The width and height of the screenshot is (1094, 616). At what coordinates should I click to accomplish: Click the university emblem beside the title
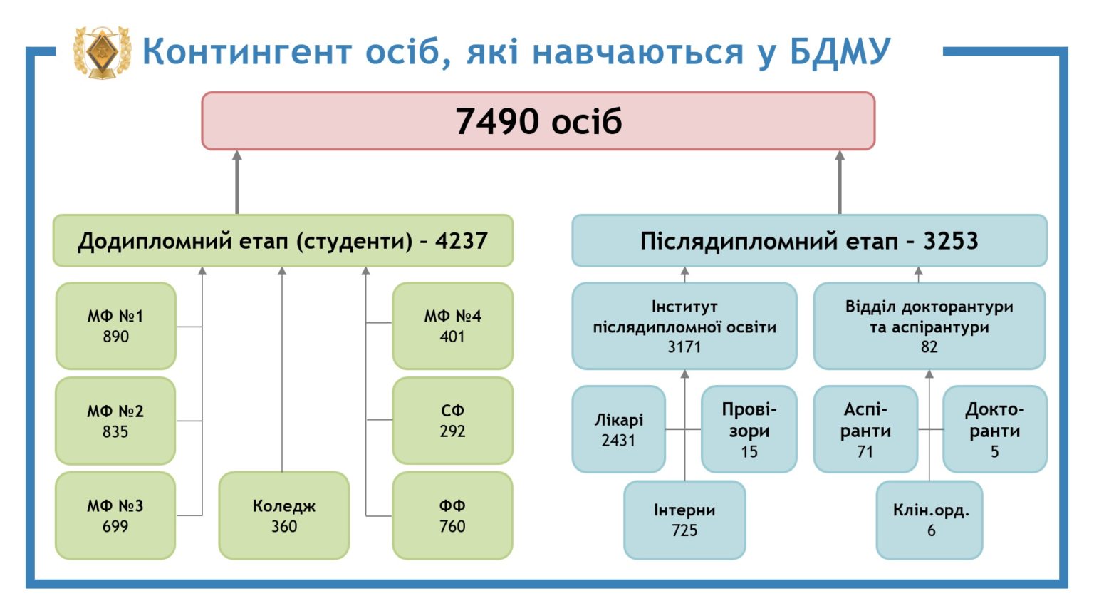(x=102, y=52)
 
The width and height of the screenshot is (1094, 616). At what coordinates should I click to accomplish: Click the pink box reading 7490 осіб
(x=538, y=120)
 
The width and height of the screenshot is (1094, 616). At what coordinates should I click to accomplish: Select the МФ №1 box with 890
(x=116, y=326)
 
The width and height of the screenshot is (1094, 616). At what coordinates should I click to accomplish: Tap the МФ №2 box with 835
(x=116, y=421)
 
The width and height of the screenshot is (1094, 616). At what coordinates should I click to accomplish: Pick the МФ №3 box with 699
(x=116, y=515)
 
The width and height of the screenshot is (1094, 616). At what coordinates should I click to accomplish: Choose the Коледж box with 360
(x=283, y=515)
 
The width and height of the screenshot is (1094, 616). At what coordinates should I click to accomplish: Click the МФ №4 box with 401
(x=453, y=326)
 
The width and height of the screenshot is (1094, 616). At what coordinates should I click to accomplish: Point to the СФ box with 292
(x=453, y=421)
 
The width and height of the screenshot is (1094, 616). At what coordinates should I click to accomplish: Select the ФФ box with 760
(x=453, y=515)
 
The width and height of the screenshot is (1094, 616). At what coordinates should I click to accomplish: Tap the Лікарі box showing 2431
(x=619, y=429)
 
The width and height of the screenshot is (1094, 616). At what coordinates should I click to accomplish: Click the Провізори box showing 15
(x=749, y=429)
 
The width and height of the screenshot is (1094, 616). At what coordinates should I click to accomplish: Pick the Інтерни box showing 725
(x=684, y=520)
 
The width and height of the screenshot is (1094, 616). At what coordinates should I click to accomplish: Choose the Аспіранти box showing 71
(x=865, y=429)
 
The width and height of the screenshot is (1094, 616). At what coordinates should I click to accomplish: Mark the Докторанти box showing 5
(x=995, y=429)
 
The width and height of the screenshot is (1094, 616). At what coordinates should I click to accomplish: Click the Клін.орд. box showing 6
(x=929, y=520)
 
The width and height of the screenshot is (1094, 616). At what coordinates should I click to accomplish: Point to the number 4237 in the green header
(x=462, y=240)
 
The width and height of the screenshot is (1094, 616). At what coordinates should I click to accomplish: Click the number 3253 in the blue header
(x=951, y=240)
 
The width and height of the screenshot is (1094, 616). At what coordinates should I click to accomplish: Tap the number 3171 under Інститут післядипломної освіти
(x=684, y=346)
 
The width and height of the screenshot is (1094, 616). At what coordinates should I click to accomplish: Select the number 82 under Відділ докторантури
(x=929, y=346)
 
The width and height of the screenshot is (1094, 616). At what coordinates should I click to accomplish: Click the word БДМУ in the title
(x=840, y=51)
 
